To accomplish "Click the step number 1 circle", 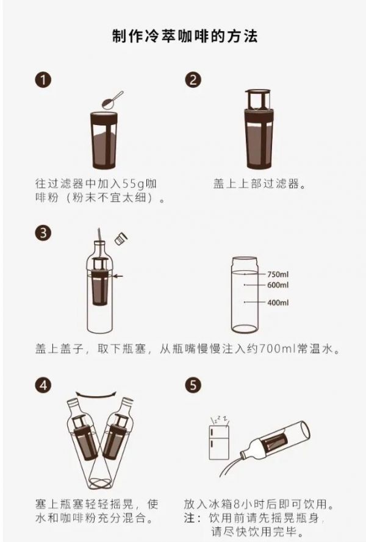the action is coord(43,80).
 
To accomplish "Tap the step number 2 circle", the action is coord(193,80).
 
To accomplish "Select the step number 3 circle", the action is coord(43,233).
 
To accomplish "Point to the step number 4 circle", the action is coord(43,385).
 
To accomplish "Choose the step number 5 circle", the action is coord(193,385).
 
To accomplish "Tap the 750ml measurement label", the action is coord(278,274).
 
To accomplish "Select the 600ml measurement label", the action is coord(278,285).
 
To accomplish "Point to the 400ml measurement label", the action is coord(278,303).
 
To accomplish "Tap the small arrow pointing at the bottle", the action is coord(118,276).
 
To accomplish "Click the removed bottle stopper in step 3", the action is coord(121,238).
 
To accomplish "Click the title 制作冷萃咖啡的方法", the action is coord(185,36).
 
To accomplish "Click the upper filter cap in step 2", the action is coord(258,99).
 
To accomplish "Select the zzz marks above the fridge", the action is coord(220,419).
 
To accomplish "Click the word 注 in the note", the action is coord(190,518).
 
